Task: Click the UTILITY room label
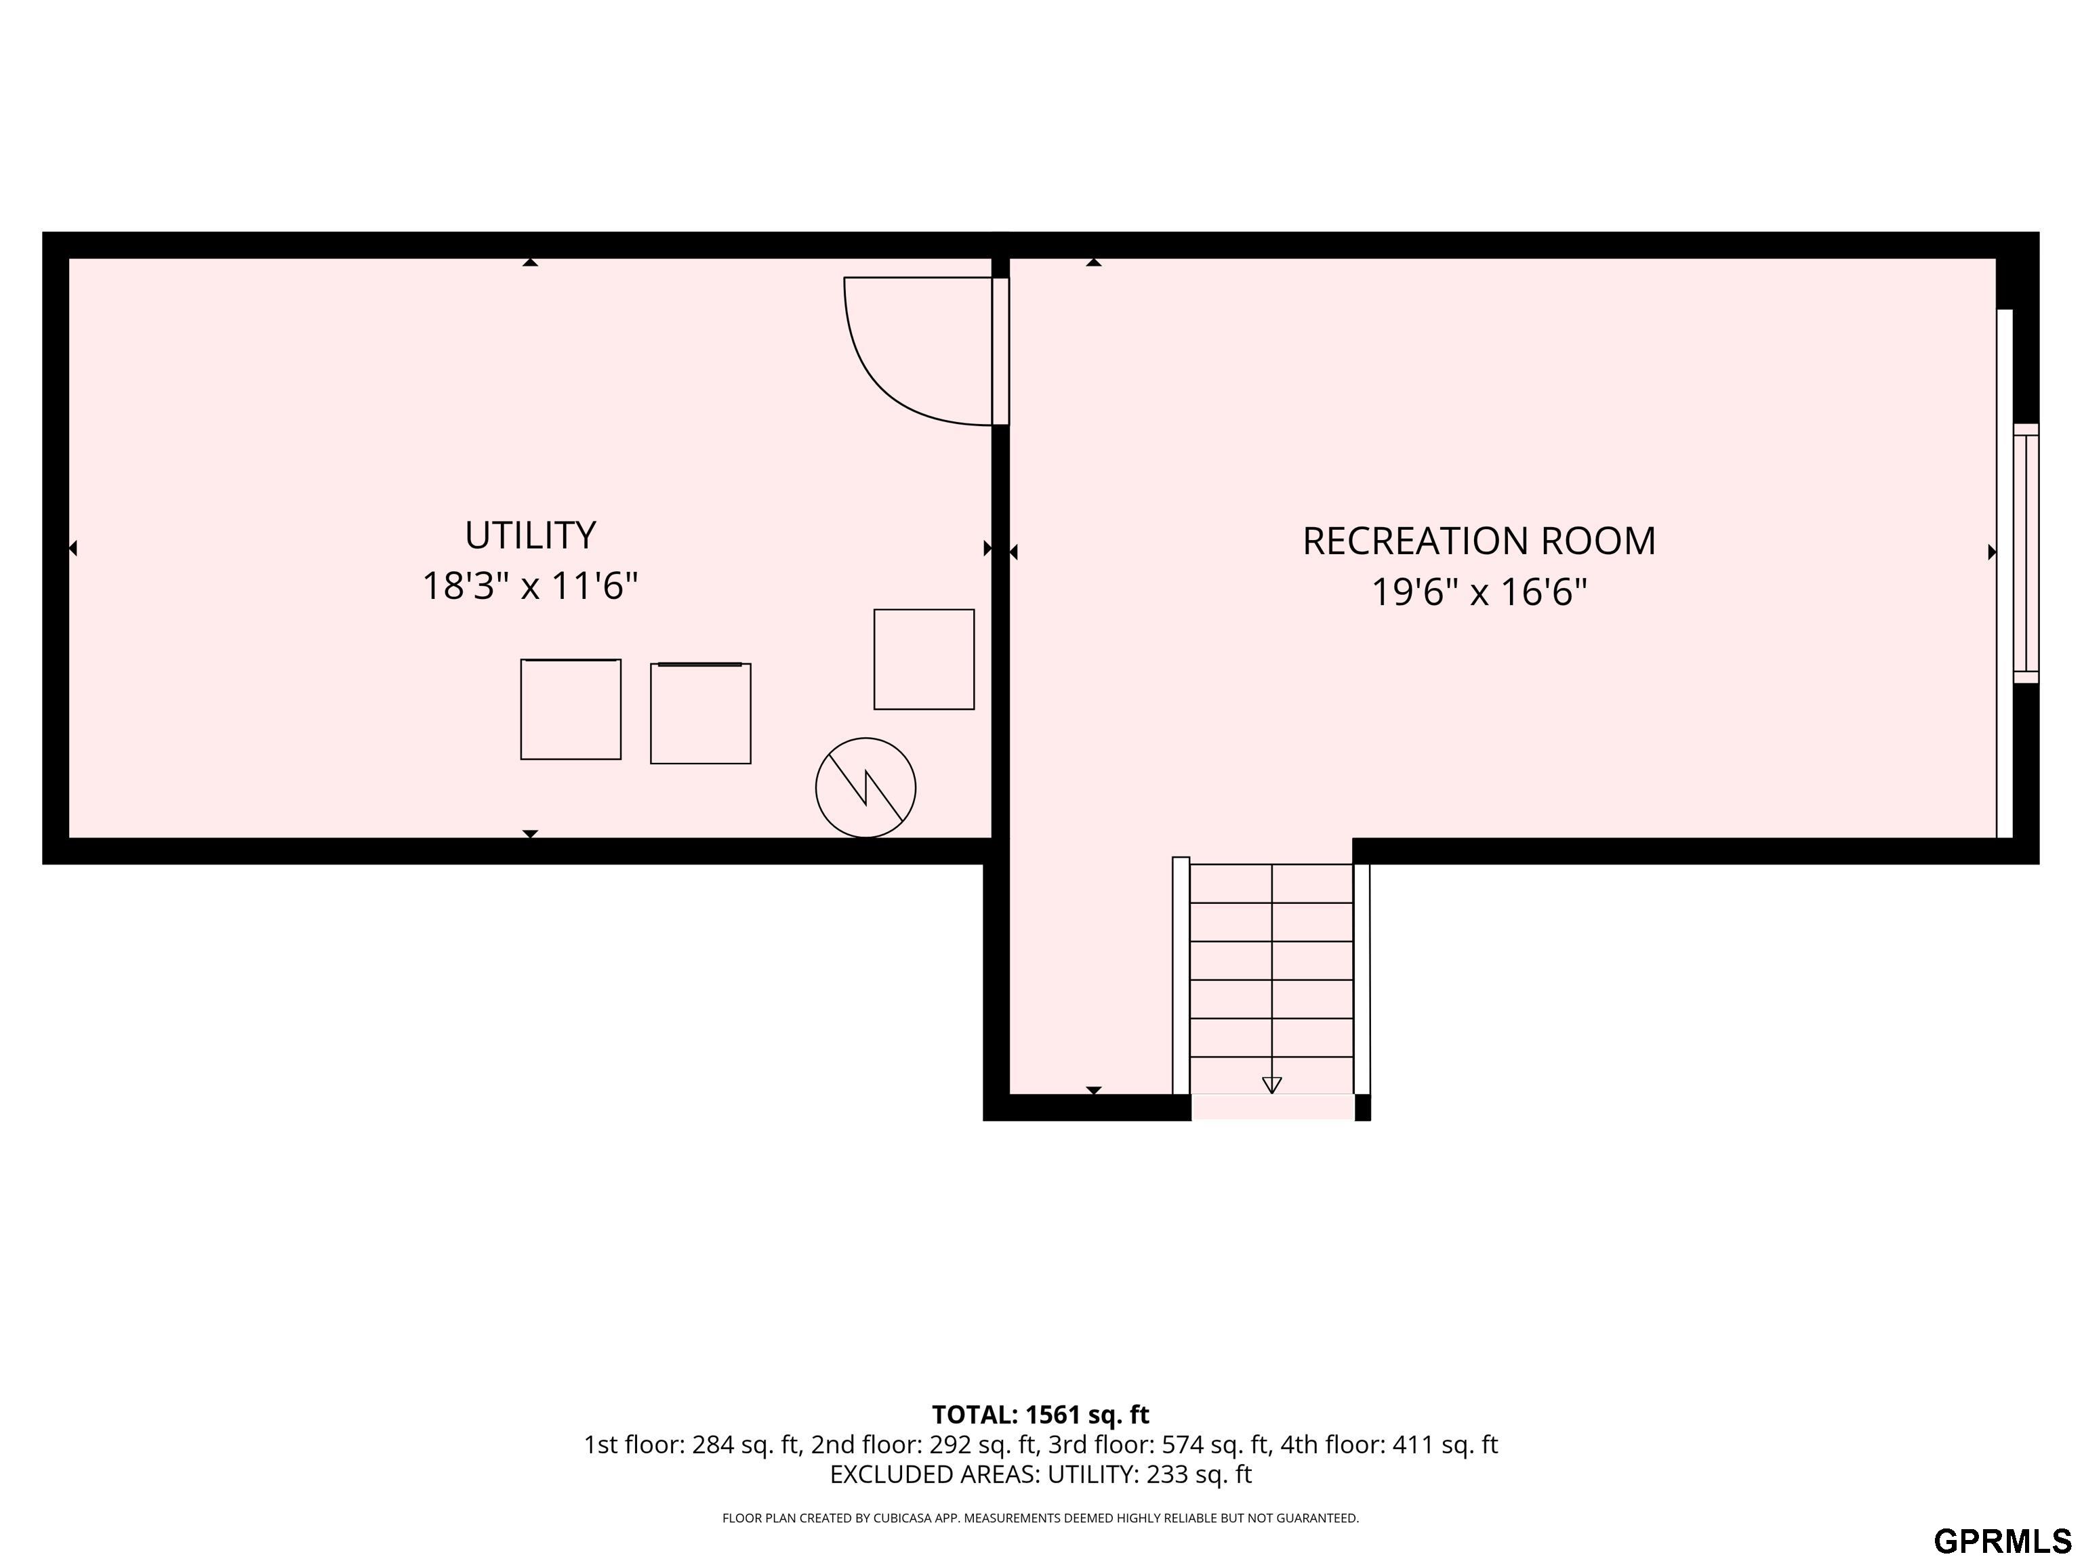tap(530, 535)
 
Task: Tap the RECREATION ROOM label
tap(1479, 541)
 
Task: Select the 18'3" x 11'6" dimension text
tap(530, 586)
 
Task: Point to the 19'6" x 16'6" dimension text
tap(1479, 593)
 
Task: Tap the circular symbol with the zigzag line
tap(865, 787)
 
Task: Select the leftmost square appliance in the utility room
tap(571, 709)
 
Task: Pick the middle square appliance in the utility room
tap(700, 713)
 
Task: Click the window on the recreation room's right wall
tap(2026, 554)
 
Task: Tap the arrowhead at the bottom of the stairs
tap(1271, 1085)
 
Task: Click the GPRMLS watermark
tap(2002, 1540)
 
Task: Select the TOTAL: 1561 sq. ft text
tap(1040, 1414)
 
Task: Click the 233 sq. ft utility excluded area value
tap(1198, 1474)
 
